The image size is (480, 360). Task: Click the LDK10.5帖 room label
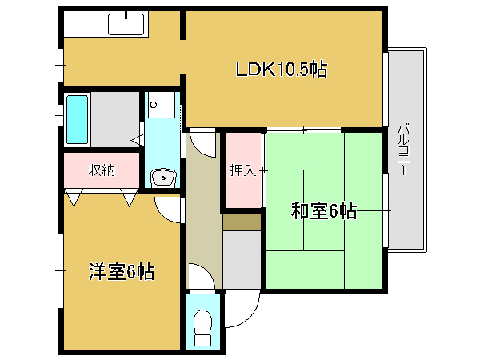[282, 70]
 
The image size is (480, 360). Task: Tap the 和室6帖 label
[323, 210]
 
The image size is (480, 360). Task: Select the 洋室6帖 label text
[122, 271]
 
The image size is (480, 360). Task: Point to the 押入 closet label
[242, 170]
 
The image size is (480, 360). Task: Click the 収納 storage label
[102, 170]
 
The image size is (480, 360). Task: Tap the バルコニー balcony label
[404, 150]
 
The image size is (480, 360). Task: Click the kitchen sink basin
[126, 25]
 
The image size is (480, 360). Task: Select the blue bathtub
[77, 119]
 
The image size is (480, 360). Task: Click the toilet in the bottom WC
[202, 327]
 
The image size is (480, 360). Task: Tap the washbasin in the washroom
[163, 178]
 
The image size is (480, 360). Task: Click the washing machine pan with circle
[162, 105]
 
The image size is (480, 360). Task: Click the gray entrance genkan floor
[242, 259]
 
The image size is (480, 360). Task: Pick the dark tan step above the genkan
[242, 222]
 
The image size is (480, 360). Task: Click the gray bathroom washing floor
[115, 119]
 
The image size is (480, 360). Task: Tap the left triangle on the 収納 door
[74, 198]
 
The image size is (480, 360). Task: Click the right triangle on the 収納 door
[129, 198]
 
